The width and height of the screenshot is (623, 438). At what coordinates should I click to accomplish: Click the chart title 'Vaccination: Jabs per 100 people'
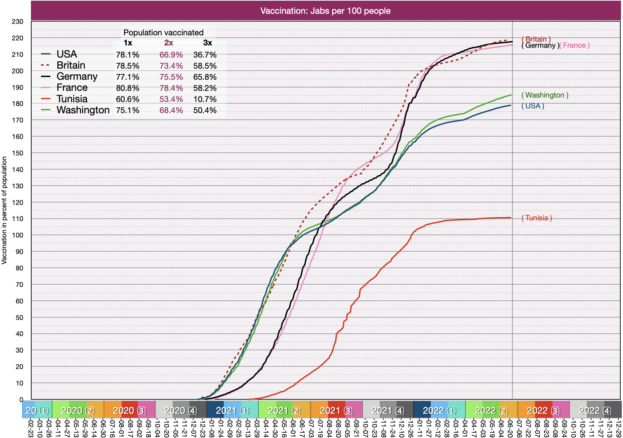(325, 11)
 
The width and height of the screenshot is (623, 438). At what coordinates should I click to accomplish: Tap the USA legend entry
(67, 54)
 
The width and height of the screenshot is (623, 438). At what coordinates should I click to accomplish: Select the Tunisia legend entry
(72, 99)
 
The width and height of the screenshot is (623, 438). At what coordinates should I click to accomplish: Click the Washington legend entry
(83, 110)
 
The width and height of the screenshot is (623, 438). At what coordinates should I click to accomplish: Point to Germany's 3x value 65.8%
(205, 77)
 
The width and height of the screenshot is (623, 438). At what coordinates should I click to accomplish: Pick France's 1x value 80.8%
(128, 88)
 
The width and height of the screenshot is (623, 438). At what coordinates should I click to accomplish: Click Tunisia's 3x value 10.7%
(205, 99)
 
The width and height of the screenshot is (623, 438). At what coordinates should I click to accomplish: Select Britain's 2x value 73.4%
(171, 66)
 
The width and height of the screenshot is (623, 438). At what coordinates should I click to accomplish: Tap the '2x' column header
(169, 43)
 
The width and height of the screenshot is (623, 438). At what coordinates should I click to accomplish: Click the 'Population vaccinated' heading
(163, 33)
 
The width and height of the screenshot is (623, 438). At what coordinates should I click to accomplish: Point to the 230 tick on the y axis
(17, 22)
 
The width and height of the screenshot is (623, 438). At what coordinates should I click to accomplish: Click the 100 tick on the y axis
(17, 235)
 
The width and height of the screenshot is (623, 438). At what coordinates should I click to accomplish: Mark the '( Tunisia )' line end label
(537, 218)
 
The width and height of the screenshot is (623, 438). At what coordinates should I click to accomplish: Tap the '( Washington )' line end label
(545, 95)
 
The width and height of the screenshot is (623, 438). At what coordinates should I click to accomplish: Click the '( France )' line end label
(574, 45)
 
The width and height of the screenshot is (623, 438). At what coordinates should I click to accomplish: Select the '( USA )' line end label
(533, 106)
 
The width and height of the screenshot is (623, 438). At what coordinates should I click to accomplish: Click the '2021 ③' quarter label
(336, 410)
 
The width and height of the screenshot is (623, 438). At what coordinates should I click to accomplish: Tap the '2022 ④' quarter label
(595, 410)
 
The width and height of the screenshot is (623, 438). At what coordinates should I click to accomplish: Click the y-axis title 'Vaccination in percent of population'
(4, 210)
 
